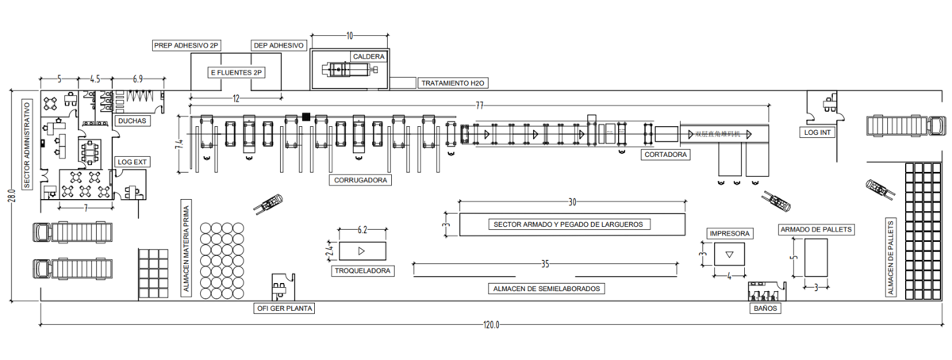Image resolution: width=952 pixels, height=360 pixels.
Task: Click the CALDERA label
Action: click(369, 57)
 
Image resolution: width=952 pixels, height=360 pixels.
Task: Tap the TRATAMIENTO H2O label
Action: click(451, 82)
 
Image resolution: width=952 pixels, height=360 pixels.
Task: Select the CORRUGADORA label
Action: click(361, 181)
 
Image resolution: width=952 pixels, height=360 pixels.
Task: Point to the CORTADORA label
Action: click(665, 155)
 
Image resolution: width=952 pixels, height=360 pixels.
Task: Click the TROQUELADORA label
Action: click(363, 270)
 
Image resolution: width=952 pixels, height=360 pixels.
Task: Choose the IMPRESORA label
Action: click(727, 234)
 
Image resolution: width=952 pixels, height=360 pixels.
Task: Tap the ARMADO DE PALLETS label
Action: click(816, 229)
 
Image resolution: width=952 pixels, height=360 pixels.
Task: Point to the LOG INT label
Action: click(817, 132)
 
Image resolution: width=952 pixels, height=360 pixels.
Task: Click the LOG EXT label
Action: click(132, 162)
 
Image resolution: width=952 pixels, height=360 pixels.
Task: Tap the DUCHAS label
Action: click(131, 121)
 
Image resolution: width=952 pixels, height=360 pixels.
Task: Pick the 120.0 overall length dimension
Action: click(492, 325)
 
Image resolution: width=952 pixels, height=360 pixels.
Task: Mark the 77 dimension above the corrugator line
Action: click(480, 105)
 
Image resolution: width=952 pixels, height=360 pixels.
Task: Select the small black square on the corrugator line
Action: click(306, 117)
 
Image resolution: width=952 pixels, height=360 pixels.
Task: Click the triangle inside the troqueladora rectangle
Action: click(362, 251)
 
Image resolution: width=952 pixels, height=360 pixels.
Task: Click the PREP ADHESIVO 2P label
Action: click(186, 46)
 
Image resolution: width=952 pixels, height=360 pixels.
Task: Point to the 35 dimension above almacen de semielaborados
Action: click(545, 264)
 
